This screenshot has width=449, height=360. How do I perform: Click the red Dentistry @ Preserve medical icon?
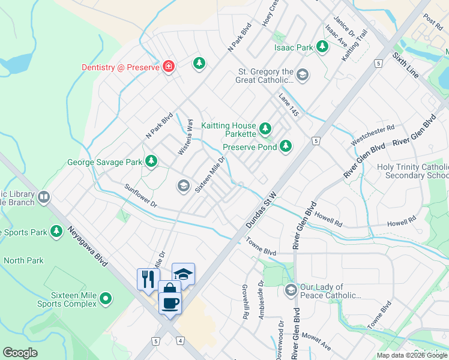tap(169, 67)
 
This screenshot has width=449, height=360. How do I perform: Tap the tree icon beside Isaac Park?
tap(322, 46)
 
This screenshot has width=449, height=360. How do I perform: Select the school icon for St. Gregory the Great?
tap(303, 75)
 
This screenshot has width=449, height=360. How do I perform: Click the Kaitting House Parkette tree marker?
tap(265, 128)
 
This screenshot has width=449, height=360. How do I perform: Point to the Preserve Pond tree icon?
tap(286, 146)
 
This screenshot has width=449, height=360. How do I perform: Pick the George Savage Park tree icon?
tap(152, 161)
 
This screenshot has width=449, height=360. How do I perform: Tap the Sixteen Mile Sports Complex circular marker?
tap(106, 298)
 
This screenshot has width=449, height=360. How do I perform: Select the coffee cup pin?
tap(170, 301)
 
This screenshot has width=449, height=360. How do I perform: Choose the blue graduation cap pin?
tap(183, 274)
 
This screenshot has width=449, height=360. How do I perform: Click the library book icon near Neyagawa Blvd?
tap(44, 197)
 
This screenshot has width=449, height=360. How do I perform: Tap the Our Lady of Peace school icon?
tap(291, 290)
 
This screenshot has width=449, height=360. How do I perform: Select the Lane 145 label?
tap(288, 104)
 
